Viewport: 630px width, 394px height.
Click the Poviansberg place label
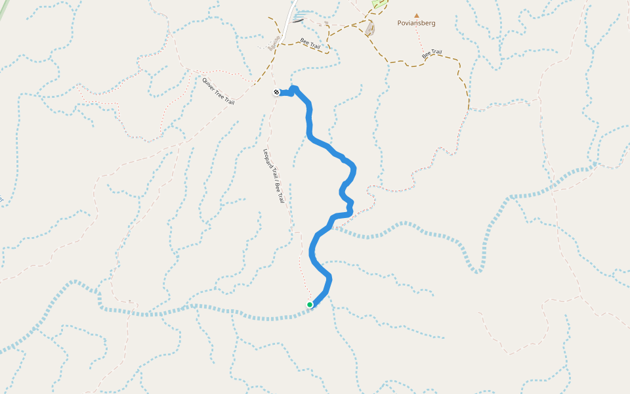[416, 23]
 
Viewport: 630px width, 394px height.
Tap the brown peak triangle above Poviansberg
[416, 15]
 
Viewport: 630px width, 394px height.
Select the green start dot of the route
[310, 305]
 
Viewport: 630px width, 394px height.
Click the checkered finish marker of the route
[276, 93]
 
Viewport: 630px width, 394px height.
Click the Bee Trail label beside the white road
[310, 44]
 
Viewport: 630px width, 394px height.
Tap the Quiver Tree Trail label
[219, 91]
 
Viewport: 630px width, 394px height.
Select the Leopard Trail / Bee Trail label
[274, 176]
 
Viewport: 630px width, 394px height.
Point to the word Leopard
[268, 160]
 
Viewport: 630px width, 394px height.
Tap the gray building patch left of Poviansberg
[369, 28]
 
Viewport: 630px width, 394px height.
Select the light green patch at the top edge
[379, 3]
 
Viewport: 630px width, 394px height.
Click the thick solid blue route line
[309, 125]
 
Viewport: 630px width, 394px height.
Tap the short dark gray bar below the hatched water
[298, 20]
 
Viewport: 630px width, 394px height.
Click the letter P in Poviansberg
[400, 23]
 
